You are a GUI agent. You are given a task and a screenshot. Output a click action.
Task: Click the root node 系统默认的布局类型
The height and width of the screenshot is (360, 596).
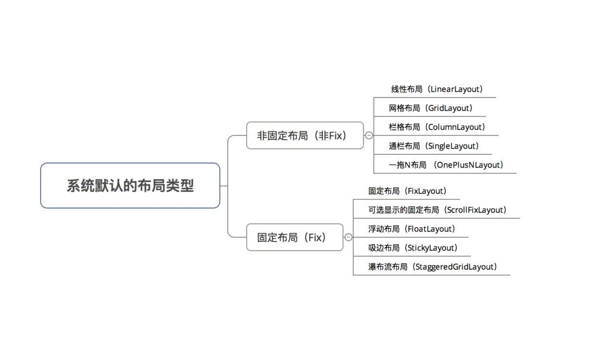click(x=130, y=186)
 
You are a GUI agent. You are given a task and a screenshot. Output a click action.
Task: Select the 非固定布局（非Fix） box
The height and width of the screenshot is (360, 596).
click(x=305, y=136)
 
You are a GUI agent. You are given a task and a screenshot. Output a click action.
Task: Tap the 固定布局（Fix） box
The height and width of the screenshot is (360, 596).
click(x=295, y=237)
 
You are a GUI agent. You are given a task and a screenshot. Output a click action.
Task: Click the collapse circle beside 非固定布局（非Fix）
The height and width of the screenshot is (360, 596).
click(x=369, y=136)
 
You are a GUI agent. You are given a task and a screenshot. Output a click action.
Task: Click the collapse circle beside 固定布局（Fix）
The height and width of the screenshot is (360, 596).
click(x=348, y=237)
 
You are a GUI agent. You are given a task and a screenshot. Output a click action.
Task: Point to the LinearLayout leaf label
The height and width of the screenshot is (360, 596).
click(x=436, y=89)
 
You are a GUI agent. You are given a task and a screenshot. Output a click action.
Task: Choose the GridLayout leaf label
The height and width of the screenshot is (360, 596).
click(x=431, y=108)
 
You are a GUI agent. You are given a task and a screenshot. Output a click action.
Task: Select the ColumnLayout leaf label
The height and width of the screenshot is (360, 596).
click(x=437, y=127)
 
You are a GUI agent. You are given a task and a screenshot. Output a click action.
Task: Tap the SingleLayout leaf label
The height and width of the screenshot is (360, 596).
click(x=434, y=146)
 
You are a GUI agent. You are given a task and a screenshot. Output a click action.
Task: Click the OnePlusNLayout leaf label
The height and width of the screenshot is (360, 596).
click(x=446, y=165)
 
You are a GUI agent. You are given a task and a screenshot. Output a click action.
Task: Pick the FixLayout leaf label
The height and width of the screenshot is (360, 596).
click(x=407, y=191)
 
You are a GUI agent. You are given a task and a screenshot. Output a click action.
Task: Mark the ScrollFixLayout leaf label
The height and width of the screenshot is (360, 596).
click(x=437, y=210)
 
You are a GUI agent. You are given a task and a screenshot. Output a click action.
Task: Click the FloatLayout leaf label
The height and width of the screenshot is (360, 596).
click(x=411, y=229)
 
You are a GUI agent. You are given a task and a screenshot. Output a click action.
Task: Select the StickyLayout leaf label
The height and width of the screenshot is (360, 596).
click(x=413, y=248)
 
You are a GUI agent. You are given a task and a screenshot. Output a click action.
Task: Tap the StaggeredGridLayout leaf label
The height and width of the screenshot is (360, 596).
click(x=433, y=267)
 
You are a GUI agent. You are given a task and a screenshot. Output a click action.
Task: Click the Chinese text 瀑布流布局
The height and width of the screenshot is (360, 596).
click(x=388, y=267)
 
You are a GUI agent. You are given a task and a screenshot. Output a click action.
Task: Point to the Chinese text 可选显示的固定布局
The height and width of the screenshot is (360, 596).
click(x=403, y=210)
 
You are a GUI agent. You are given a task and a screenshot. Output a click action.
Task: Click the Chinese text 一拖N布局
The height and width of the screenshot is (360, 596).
click(x=408, y=165)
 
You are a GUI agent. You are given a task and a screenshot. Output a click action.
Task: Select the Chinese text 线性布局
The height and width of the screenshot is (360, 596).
click(x=407, y=89)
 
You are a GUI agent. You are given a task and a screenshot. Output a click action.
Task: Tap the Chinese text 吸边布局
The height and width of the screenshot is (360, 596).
click(x=384, y=248)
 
